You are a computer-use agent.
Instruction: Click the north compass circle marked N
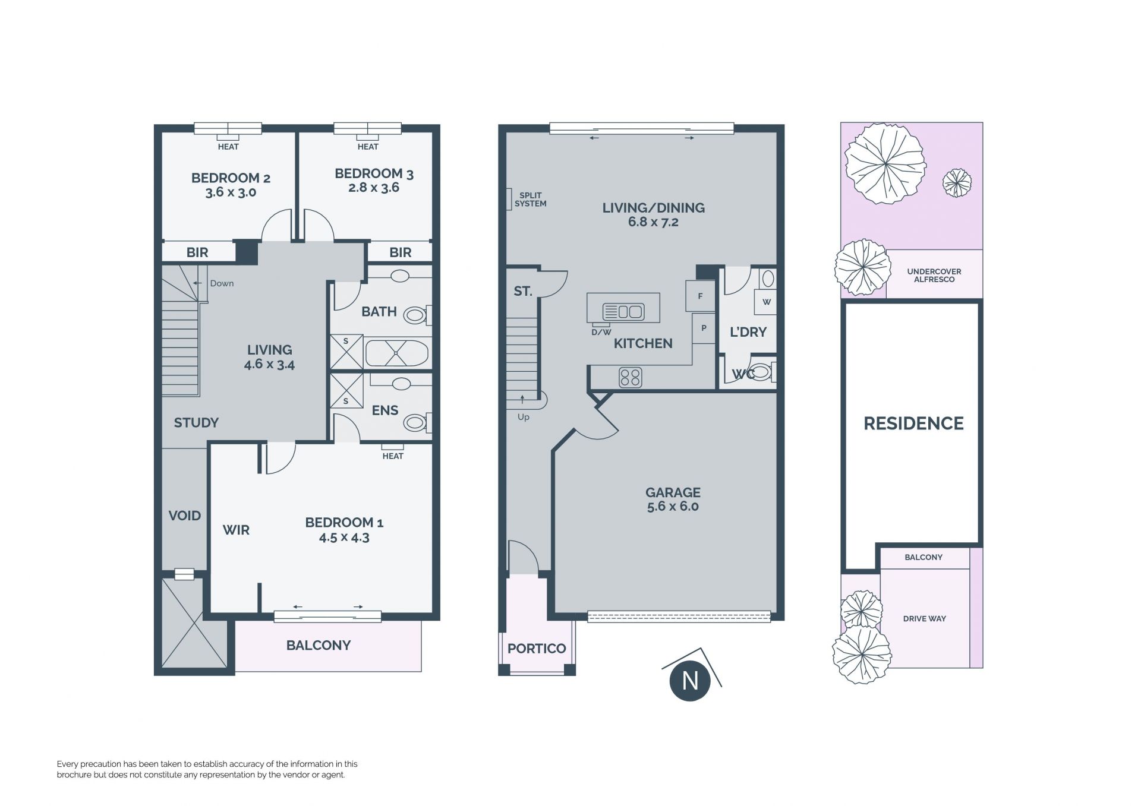689,681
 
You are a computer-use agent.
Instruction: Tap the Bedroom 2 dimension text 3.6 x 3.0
231,192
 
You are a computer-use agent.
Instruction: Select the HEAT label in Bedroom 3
368,147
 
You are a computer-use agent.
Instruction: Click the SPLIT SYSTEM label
530,200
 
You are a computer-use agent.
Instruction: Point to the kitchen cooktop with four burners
631,377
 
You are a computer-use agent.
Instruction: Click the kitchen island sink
623,311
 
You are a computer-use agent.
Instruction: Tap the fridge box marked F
700,296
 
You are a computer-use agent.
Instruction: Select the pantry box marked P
704,328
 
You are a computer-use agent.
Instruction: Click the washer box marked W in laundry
766,302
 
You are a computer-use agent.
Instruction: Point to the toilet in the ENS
417,422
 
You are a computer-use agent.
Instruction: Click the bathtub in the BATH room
396,353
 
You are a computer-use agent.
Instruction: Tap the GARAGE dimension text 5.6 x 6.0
673,507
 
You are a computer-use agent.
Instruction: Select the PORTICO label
537,648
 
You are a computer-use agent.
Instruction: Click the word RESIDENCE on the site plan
913,423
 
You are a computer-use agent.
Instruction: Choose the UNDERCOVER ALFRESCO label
934,276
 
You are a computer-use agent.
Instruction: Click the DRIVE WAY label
925,619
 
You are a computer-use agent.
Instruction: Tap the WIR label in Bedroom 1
236,530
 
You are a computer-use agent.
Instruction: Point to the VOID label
185,516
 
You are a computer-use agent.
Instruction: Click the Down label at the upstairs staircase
222,283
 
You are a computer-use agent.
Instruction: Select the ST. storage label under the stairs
523,291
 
